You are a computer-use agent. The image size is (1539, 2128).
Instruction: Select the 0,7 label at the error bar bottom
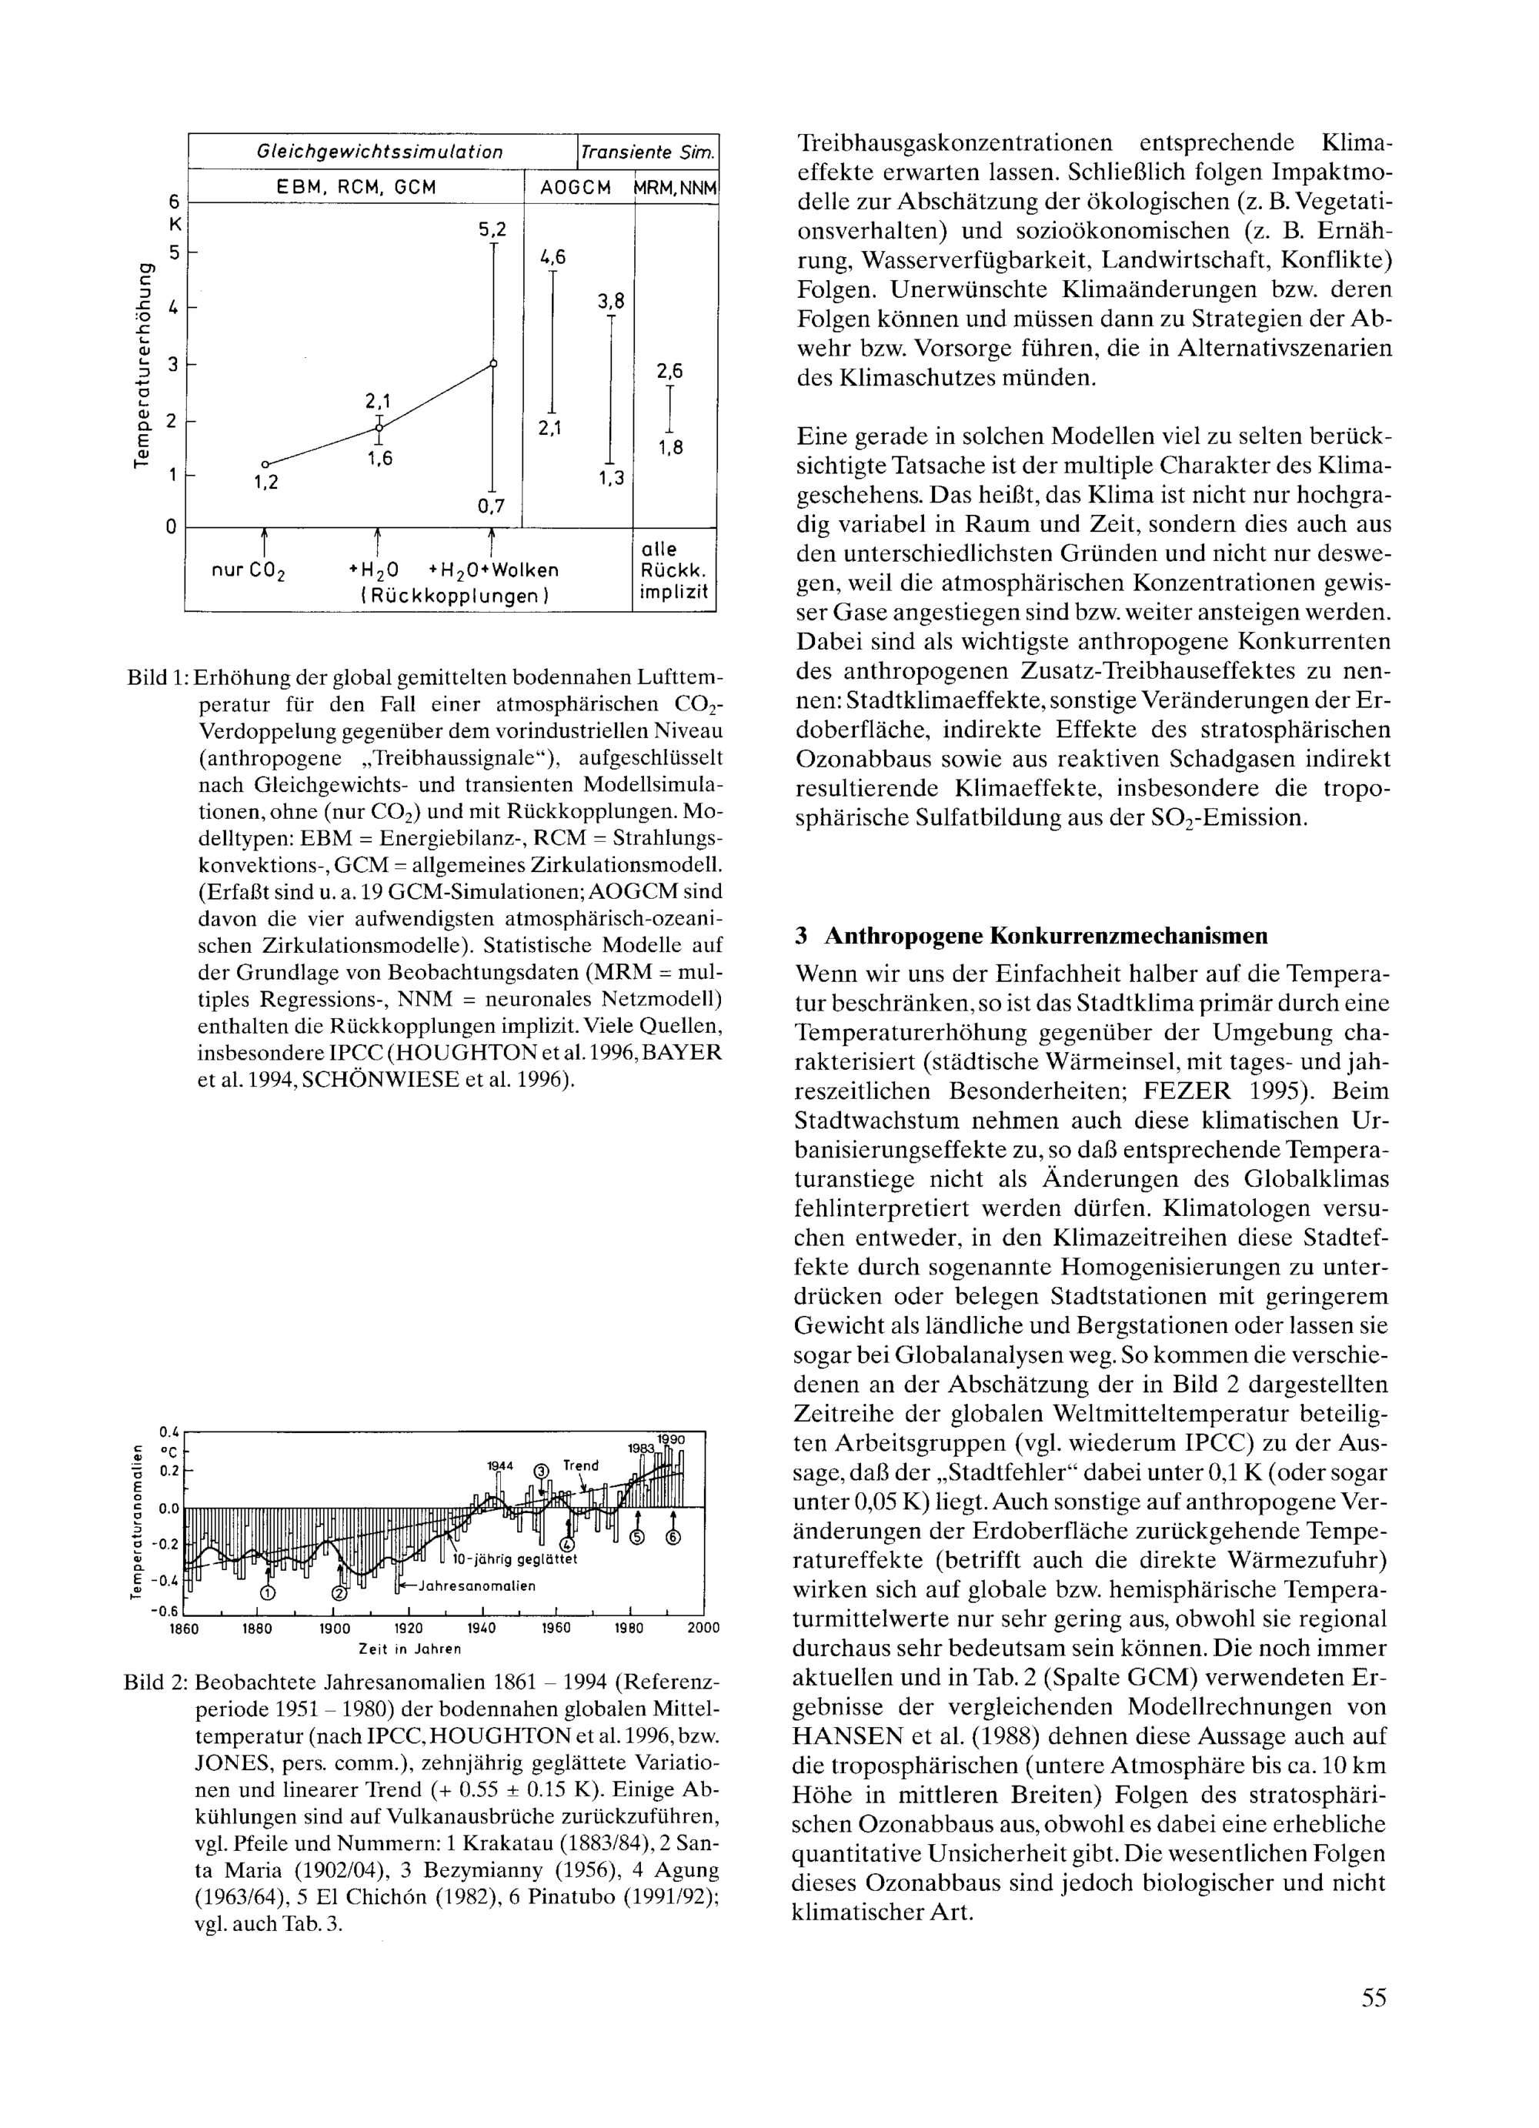490,506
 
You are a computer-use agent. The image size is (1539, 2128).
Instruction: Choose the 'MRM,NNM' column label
676,188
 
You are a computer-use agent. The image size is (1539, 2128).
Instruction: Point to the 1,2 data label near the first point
266,483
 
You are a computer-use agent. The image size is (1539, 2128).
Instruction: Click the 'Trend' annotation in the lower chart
580,1465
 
